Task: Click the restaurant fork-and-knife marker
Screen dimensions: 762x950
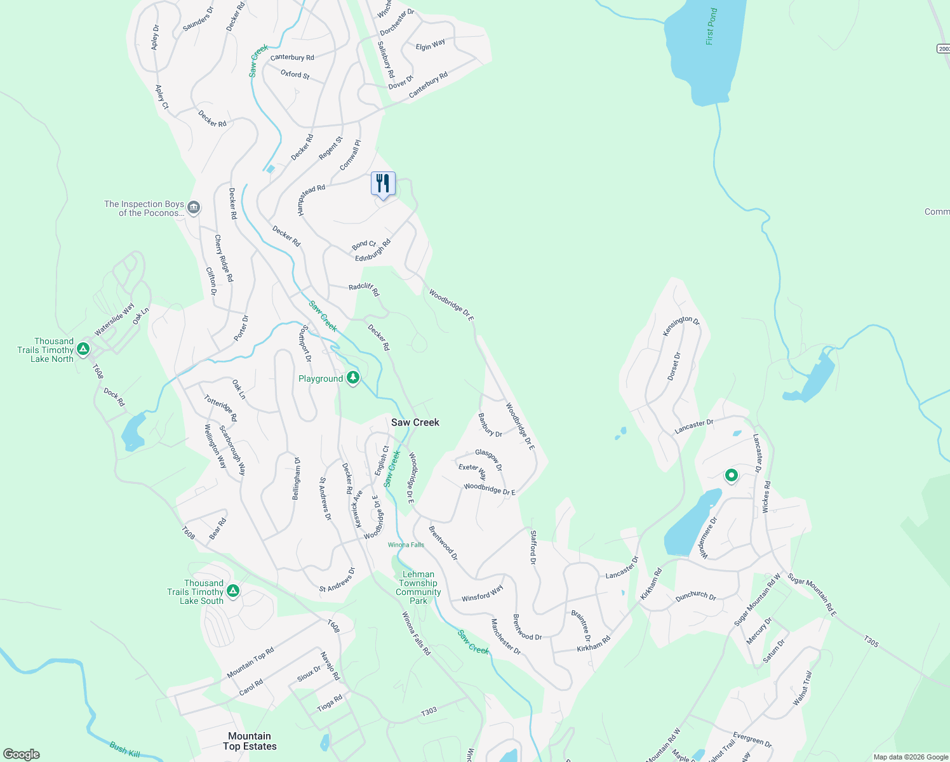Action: [x=383, y=184]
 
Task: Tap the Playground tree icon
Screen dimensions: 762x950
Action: [x=353, y=378]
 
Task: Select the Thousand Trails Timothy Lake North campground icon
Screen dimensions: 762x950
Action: [x=83, y=349]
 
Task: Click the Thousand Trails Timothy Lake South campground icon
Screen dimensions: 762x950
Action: [x=233, y=591]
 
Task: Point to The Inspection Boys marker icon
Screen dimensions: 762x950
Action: [x=194, y=207]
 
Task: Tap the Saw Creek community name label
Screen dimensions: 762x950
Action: [x=415, y=422]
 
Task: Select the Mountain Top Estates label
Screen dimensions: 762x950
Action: [x=250, y=741]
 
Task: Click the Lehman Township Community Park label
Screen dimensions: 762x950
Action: [x=418, y=587]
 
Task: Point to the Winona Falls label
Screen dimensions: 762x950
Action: [x=406, y=545]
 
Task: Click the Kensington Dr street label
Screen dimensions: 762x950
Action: [x=681, y=326]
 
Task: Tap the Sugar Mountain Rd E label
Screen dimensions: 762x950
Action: [x=812, y=595]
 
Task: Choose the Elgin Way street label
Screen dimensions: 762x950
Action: [x=431, y=45]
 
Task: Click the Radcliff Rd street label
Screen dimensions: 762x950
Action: [x=364, y=289]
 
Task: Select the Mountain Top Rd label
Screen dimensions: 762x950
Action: [x=250, y=663]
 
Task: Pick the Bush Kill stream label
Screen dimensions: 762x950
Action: [x=124, y=749]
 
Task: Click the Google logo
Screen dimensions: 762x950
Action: [x=22, y=754]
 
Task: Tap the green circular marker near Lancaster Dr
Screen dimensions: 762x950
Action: [x=731, y=475]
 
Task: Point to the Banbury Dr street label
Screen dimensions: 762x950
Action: [x=490, y=425]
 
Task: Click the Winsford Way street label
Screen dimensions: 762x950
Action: [x=482, y=593]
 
